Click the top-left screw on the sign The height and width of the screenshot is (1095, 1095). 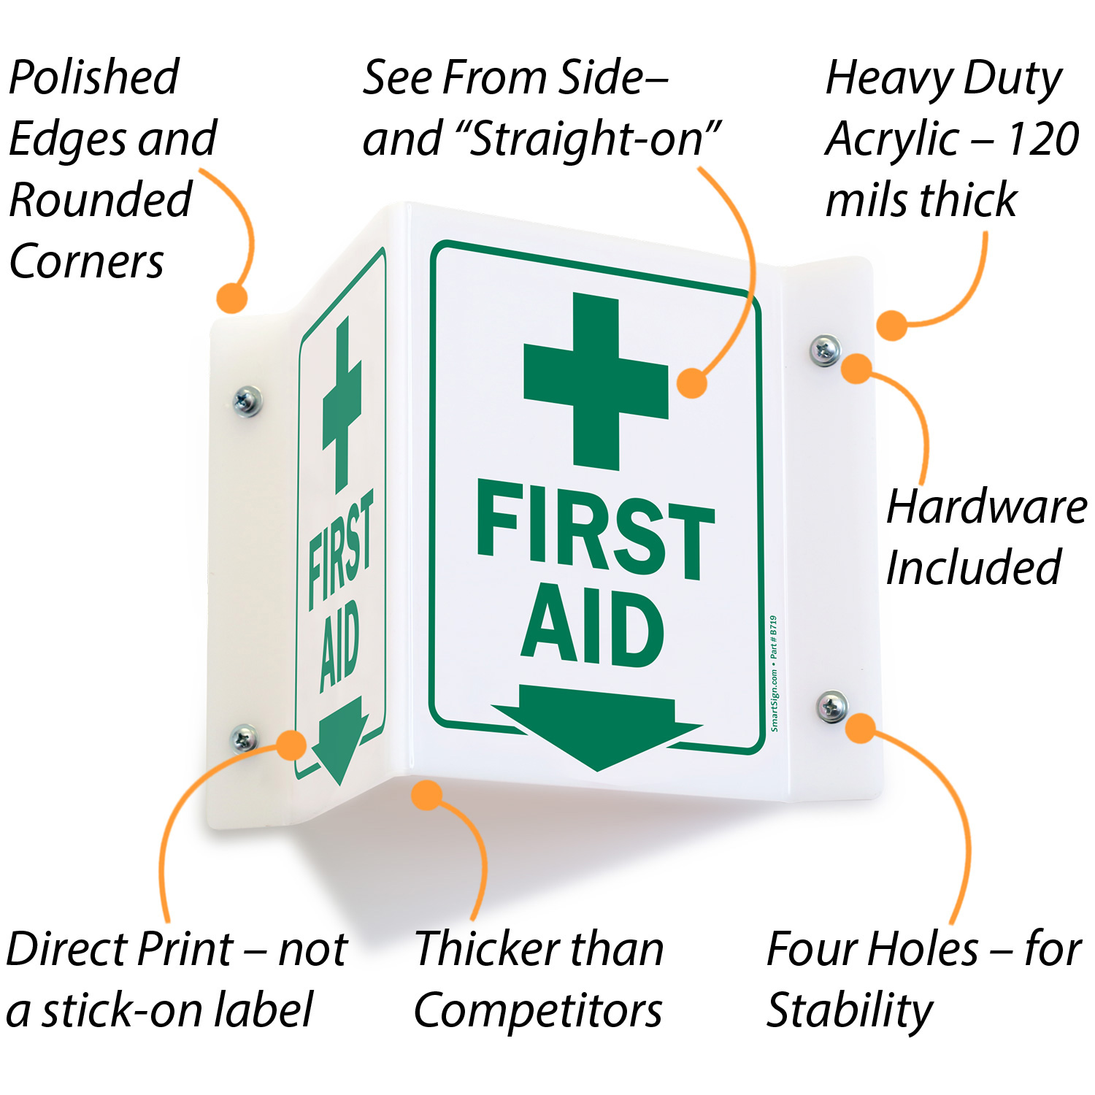click(x=247, y=401)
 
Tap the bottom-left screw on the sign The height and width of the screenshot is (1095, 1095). click(x=244, y=738)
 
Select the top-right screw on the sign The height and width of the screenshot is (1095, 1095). click(x=825, y=350)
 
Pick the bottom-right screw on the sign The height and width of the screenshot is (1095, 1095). click(x=832, y=706)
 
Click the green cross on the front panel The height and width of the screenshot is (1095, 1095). click(x=596, y=381)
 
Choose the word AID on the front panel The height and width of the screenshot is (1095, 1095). click(x=592, y=626)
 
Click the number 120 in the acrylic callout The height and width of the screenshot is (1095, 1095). click(x=1042, y=139)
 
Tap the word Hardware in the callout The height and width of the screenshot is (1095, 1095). click(x=987, y=507)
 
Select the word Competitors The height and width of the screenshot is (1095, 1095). click(x=538, y=1011)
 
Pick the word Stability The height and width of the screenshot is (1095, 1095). click(x=850, y=1012)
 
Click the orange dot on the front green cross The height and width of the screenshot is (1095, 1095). click(x=692, y=383)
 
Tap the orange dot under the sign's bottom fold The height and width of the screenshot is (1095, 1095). click(x=427, y=794)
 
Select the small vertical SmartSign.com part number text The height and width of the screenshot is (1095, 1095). click(x=774, y=673)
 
